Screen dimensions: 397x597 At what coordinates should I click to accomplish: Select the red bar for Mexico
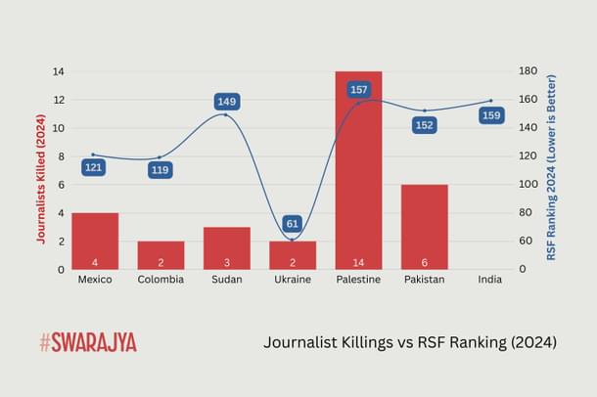[94, 241]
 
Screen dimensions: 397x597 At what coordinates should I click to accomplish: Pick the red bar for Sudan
[226, 247]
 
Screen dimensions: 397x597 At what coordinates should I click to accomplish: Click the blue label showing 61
[293, 224]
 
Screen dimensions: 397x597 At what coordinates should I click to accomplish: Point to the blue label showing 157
[358, 90]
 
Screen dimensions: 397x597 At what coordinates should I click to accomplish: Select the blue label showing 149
[226, 101]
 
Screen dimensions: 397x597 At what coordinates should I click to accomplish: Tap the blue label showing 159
[491, 115]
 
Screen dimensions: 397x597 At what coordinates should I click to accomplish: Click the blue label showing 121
[94, 167]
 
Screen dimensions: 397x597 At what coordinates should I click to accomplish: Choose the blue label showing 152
[425, 125]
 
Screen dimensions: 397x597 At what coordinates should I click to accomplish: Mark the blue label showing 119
[161, 170]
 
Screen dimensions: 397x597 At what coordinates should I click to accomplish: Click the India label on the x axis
[491, 280]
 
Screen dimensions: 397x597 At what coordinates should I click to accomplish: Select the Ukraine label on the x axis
[293, 280]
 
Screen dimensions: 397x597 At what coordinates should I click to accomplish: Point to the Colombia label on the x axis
[161, 280]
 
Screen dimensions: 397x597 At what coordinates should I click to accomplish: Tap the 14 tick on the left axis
[58, 71]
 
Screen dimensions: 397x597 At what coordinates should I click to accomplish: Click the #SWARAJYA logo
[88, 342]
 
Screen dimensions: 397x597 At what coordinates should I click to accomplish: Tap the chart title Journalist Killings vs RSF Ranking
[410, 342]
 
